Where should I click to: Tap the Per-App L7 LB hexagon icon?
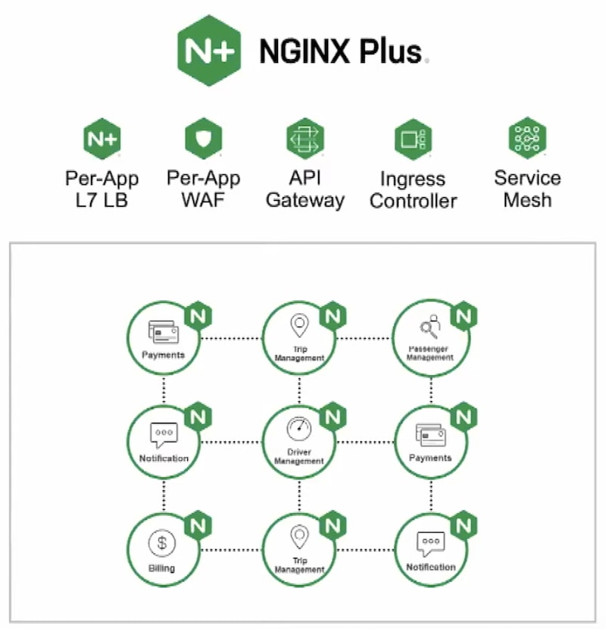[x=102, y=139]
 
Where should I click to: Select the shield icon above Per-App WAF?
[x=204, y=139]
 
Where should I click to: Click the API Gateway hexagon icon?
[x=305, y=139]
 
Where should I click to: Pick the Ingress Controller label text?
[x=413, y=190]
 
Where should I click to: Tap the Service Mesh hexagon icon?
[x=527, y=138]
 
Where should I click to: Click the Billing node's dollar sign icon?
[x=161, y=543]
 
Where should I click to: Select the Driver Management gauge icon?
[x=299, y=430]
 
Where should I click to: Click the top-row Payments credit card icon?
[x=163, y=332]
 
